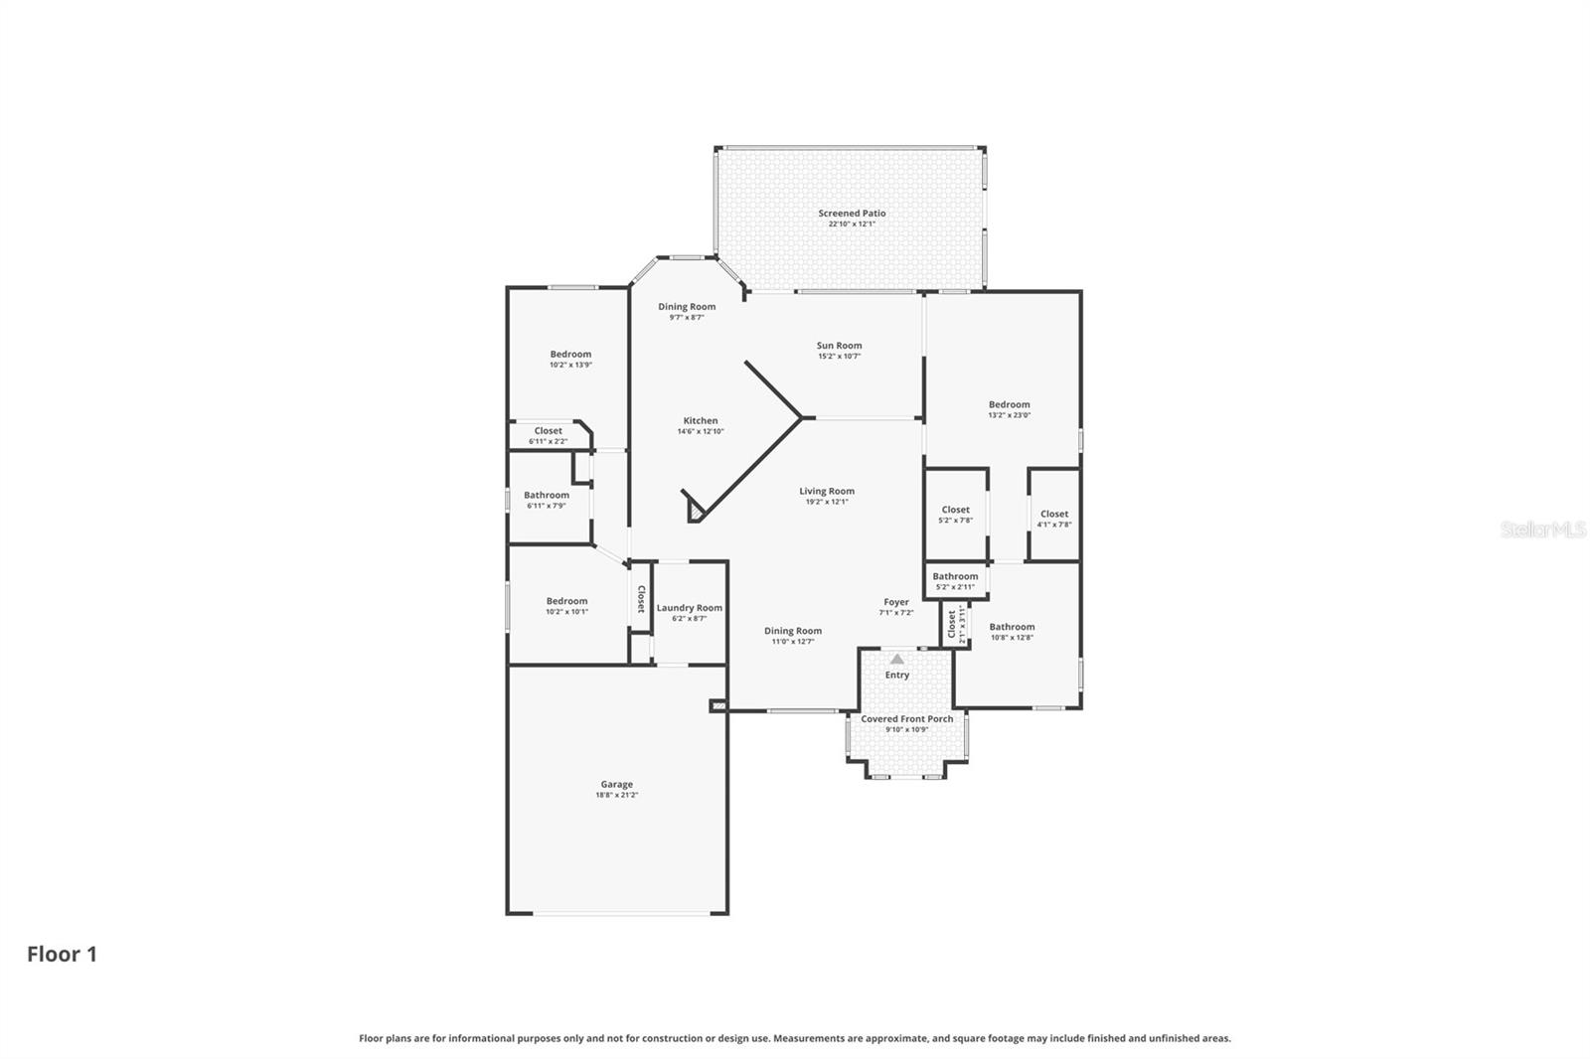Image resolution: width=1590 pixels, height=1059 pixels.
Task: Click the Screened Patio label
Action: point(852,214)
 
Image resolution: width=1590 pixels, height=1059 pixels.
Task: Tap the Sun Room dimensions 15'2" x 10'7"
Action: point(839,357)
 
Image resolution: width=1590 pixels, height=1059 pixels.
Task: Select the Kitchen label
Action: point(700,421)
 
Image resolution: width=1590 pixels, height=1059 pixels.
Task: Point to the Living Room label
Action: point(827,492)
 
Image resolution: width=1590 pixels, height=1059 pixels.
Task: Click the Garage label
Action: point(616,785)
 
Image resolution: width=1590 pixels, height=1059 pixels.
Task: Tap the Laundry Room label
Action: point(689,608)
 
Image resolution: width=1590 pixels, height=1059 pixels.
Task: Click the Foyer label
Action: point(896,602)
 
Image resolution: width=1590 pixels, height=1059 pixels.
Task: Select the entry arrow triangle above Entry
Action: point(897,659)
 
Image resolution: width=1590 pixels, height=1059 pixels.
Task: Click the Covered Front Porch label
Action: point(906,719)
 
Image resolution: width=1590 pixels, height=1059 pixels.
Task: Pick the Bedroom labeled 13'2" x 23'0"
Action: point(1009,405)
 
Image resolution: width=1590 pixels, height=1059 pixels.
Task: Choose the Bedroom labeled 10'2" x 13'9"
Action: point(570,355)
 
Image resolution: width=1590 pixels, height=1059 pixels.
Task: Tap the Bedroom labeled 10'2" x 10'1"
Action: point(566,601)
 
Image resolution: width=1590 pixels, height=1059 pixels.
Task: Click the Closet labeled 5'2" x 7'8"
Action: point(955,511)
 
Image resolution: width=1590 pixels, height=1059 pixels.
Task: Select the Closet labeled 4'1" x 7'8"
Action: point(1054,515)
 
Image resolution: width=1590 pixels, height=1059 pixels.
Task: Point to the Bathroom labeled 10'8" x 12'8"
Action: point(1012,628)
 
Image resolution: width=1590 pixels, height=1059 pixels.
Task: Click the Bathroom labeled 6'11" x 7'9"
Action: point(547,496)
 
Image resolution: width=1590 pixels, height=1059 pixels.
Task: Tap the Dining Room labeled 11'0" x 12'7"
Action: point(793,631)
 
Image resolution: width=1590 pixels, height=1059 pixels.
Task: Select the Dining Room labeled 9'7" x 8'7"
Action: point(687,307)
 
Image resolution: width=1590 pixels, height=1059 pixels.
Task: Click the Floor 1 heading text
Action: point(62,955)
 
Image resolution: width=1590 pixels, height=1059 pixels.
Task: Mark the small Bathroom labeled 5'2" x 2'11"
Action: point(955,577)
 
